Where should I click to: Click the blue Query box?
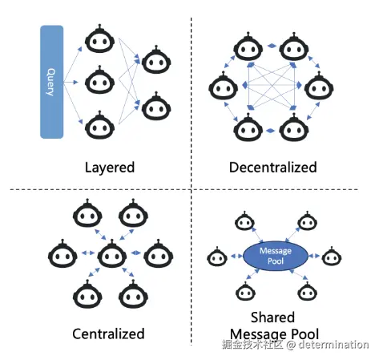click(52, 82)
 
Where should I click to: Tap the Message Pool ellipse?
click(276, 256)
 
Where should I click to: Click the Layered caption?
click(110, 168)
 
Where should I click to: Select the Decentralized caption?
click(273, 168)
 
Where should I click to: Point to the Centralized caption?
click(108, 334)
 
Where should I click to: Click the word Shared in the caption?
click(273, 318)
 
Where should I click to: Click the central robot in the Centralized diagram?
click(111, 254)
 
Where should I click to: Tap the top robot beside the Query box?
click(100, 38)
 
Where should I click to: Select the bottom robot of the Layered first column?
click(100, 125)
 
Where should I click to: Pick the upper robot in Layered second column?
click(156, 59)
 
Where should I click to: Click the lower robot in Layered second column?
click(156, 106)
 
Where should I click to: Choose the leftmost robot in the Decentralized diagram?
click(223, 86)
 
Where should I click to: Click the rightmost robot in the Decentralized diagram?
click(319, 86)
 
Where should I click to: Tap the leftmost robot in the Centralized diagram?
click(62, 254)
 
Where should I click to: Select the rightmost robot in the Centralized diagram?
click(159, 254)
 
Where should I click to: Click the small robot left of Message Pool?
click(217, 257)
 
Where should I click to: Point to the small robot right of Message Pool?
click(332, 257)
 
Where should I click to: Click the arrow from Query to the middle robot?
click(71, 83)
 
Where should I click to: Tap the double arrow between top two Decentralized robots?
click(272, 46)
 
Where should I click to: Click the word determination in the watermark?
click(333, 345)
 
